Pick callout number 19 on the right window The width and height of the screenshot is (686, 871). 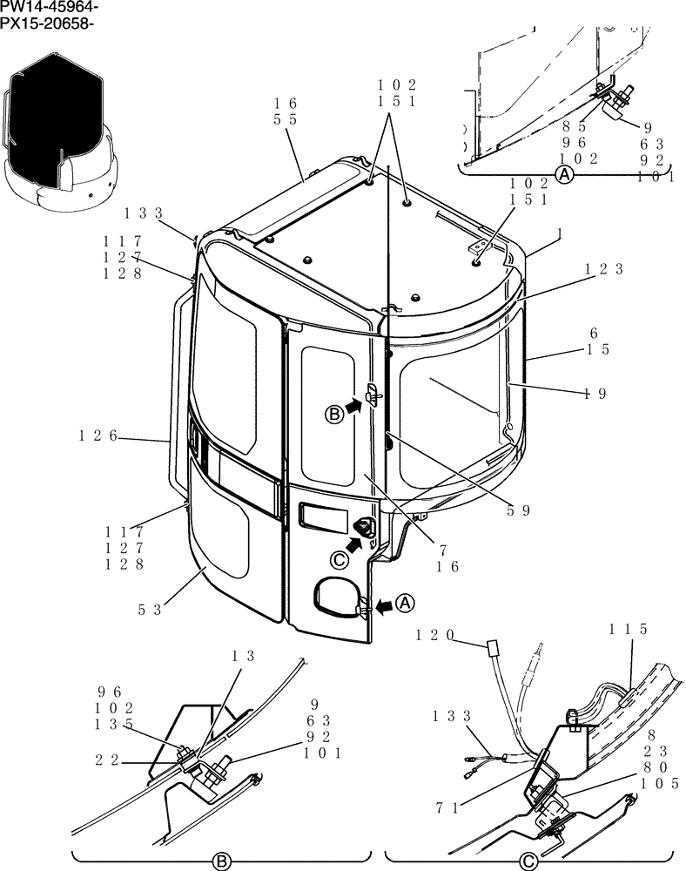pyautogui.click(x=595, y=393)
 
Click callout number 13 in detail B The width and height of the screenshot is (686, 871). pyautogui.click(x=244, y=657)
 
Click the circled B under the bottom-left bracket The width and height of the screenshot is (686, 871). pyautogui.click(x=221, y=861)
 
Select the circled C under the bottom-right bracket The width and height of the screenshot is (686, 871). pyautogui.click(x=527, y=861)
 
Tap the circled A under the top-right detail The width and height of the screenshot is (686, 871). pyautogui.click(x=564, y=175)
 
